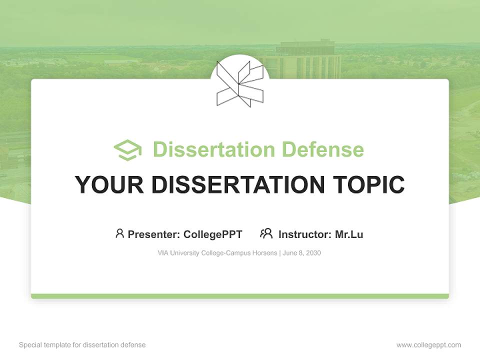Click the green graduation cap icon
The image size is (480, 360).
click(x=127, y=150)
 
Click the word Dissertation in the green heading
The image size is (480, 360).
click(x=213, y=149)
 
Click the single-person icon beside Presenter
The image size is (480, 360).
click(x=119, y=233)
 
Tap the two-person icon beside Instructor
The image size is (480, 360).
click(x=266, y=233)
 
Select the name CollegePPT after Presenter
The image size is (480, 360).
click(x=212, y=234)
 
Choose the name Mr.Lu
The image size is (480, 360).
click(x=349, y=234)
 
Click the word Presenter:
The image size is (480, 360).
click(x=154, y=234)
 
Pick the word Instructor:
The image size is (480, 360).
click(x=304, y=234)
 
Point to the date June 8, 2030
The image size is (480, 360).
click(x=301, y=253)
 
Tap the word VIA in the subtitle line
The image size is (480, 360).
click(x=163, y=253)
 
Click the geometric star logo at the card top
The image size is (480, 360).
click(x=239, y=83)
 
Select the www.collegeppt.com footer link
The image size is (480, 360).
click(x=428, y=345)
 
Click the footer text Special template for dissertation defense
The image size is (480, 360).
click(x=82, y=345)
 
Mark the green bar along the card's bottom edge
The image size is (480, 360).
click(x=240, y=296)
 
